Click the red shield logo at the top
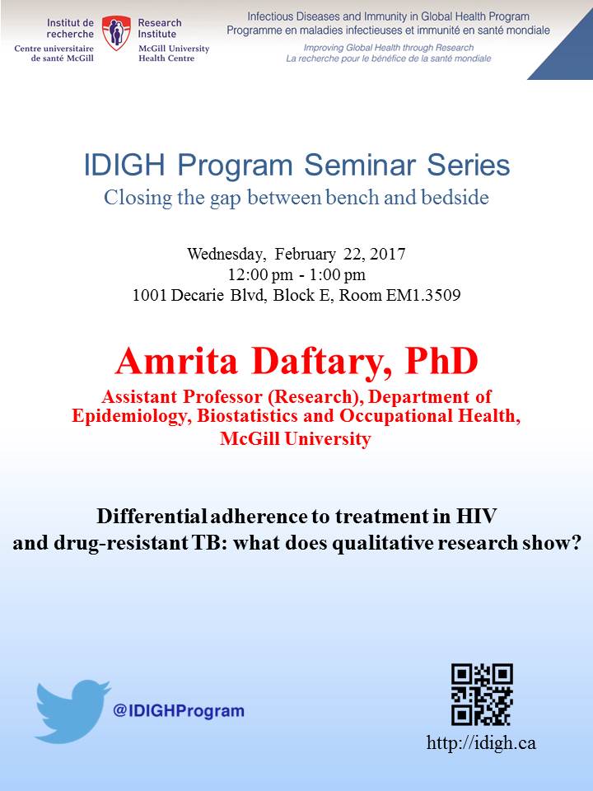click(116, 33)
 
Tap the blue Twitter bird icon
click(73, 711)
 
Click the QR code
click(482, 694)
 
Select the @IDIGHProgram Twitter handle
click(179, 711)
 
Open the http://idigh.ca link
click(481, 742)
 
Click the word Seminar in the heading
click(360, 165)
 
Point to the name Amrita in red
click(176, 361)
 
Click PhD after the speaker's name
click(441, 361)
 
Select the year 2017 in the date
click(387, 253)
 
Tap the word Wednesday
click(226, 254)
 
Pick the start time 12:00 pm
click(260, 275)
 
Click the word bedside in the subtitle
click(455, 197)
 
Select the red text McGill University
click(296, 438)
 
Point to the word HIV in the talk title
click(477, 516)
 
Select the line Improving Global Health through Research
click(388, 48)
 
